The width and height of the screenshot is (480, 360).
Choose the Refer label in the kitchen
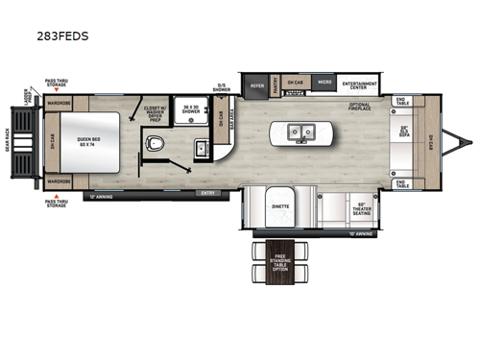coord(257,84)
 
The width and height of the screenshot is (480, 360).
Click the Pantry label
coord(276,84)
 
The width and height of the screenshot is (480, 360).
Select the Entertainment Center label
coord(360,85)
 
